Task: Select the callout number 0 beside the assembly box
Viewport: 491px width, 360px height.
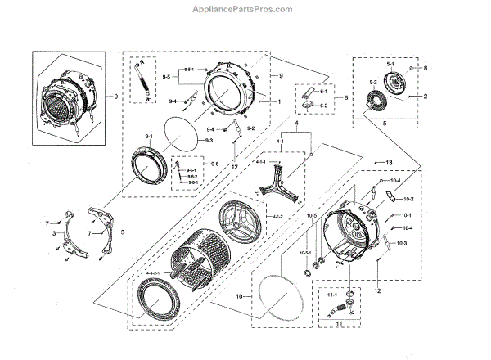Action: tap(115, 97)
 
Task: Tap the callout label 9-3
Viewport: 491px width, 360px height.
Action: tap(209, 141)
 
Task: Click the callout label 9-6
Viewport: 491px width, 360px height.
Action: tap(214, 165)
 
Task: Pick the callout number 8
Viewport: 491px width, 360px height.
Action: tap(425, 69)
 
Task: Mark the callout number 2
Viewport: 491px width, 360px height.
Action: tap(426, 97)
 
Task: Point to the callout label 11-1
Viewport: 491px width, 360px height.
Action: tap(331, 295)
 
